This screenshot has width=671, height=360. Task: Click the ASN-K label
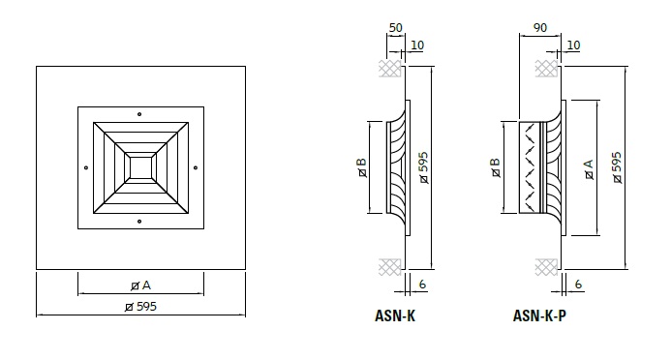tap(395, 315)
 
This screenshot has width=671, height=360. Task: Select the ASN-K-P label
tap(539, 315)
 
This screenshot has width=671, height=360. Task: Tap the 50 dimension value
tap(396, 28)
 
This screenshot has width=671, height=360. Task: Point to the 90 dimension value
tap(540, 28)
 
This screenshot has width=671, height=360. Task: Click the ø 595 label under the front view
tap(140, 307)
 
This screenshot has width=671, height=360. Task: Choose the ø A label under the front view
tap(140, 285)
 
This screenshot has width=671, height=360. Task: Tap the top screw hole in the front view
tap(139, 114)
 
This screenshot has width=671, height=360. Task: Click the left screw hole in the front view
tap(86, 167)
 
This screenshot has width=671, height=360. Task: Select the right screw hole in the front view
tap(196, 167)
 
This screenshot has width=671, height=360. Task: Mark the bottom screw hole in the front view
tap(139, 222)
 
